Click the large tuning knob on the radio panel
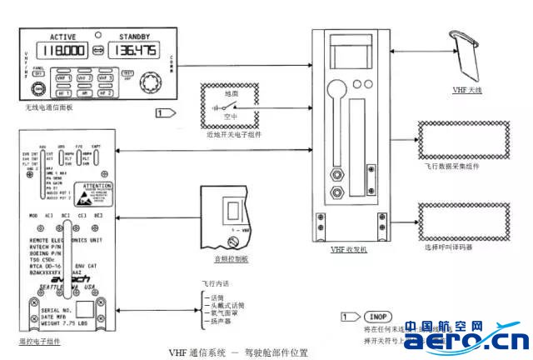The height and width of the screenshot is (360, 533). (x=151, y=83)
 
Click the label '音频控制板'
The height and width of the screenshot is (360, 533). (x=229, y=259)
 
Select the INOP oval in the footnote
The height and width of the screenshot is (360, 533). (x=377, y=317)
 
